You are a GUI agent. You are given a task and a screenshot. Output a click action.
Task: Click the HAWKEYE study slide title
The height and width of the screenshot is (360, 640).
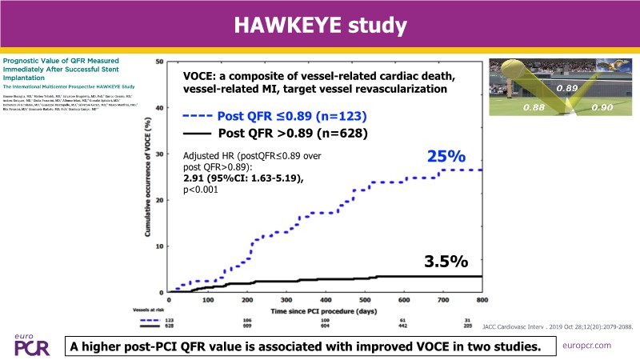point(319,25)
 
